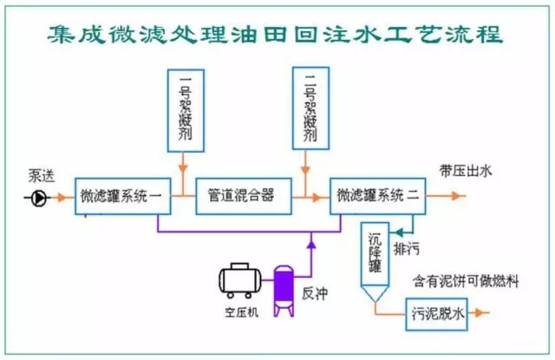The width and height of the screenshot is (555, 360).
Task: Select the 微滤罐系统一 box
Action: [x=121, y=195]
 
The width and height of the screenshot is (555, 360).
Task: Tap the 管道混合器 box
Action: [x=242, y=195]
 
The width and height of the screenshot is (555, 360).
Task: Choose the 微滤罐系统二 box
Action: [x=378, y=195]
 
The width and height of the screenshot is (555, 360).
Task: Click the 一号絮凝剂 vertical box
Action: [x=184, y=108]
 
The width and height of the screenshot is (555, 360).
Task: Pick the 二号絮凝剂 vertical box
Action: [x=308, y=108]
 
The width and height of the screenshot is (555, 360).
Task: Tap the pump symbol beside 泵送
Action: [x=38, y=199]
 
